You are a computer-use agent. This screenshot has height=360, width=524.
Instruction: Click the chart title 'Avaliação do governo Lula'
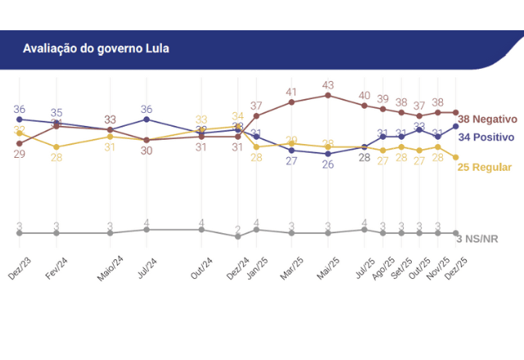coord(96,48)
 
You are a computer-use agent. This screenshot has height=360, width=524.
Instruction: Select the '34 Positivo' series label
coord(485,137)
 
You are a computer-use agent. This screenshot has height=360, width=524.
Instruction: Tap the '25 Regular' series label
coord(485,167)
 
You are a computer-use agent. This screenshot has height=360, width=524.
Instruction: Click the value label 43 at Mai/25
coord(328,85)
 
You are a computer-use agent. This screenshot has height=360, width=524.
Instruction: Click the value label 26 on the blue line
coord(328,164)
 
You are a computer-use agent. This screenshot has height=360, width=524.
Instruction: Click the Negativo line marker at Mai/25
coord(328,95)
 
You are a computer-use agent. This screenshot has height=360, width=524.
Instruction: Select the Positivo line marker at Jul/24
coord(147,119)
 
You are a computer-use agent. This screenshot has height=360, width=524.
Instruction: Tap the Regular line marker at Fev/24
coord(56,147)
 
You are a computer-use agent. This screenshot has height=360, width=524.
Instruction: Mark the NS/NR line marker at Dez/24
coord(237,236)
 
